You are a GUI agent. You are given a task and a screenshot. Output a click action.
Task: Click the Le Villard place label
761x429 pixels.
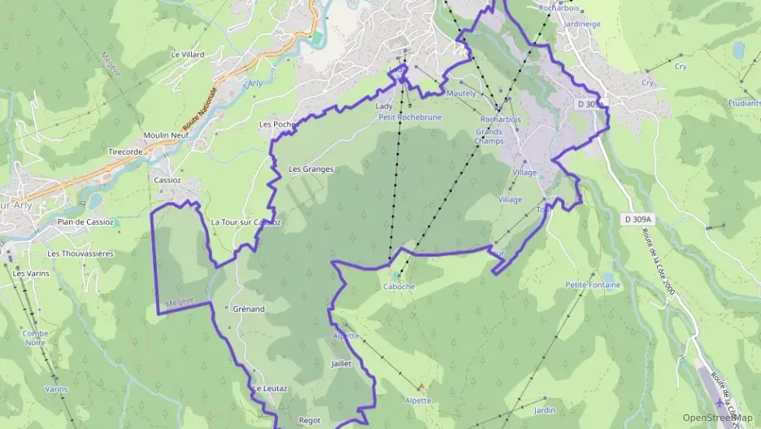187,55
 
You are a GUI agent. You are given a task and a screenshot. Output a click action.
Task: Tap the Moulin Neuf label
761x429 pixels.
167,135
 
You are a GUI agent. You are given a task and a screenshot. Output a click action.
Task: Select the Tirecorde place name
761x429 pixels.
125,151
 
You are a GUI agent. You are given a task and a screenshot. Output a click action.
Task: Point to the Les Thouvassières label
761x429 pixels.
80,253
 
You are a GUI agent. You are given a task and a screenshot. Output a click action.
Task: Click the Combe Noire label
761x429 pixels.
35,338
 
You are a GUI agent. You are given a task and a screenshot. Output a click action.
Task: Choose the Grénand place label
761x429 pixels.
249,309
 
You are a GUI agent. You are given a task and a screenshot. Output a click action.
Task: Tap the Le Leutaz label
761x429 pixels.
269,388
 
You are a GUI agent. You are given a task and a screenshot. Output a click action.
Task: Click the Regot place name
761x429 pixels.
310,420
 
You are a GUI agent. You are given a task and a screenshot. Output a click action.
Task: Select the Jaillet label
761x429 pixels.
341,364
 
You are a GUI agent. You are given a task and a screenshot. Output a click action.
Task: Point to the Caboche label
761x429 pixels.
398,287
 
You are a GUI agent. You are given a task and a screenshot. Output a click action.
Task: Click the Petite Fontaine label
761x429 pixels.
593,285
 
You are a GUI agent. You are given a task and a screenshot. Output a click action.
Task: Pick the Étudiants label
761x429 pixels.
743,103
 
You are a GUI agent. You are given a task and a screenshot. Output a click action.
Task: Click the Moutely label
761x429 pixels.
461,94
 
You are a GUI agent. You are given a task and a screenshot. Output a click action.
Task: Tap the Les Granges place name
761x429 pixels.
311,169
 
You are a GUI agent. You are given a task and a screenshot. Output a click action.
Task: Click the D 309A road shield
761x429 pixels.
641,219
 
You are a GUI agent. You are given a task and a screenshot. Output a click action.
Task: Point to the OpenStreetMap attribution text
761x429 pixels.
717,418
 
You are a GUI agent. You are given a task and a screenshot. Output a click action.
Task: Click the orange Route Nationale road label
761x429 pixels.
201,112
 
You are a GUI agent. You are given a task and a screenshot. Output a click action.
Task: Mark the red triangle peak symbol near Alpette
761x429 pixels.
421,386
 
